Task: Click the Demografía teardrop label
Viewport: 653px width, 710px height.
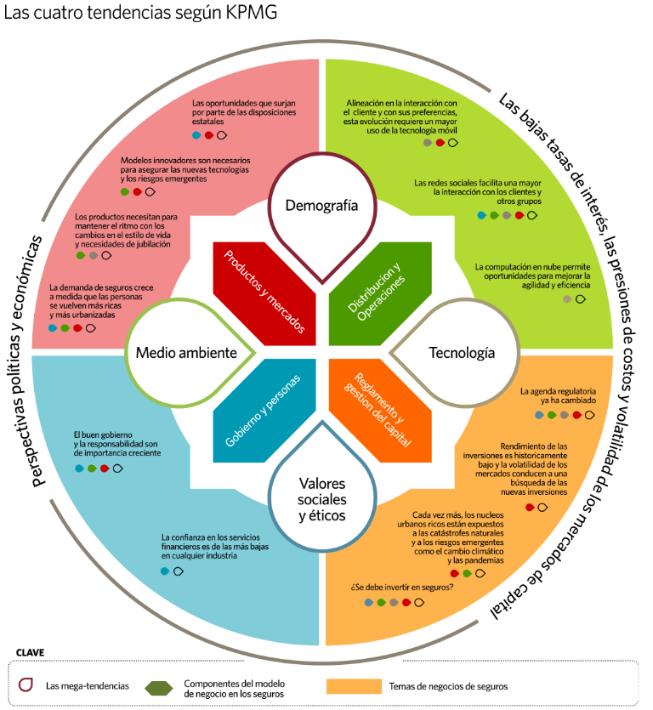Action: pos(317,205)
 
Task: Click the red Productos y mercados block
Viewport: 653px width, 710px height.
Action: pos(261,291)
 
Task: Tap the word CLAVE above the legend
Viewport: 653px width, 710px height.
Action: pos(30,653)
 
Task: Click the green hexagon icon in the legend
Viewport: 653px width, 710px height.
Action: pos(159,686)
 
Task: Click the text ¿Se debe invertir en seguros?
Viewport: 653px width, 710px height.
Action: pos(402,588)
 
